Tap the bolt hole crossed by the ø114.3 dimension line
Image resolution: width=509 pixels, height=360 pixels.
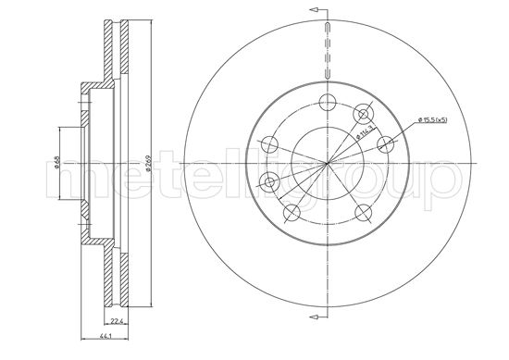pyautogui.click(x=364, y=114)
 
